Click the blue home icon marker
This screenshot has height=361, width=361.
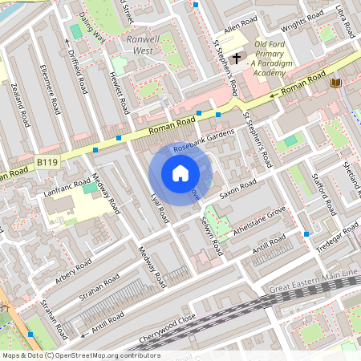coord(180,172)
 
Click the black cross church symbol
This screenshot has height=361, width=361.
coord(236,58)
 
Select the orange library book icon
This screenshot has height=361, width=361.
coord(335,83)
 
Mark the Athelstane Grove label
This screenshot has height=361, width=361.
coord(259,220)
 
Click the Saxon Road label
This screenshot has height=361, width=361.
coord(237,189)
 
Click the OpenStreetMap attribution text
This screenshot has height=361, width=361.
coord(80,355)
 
